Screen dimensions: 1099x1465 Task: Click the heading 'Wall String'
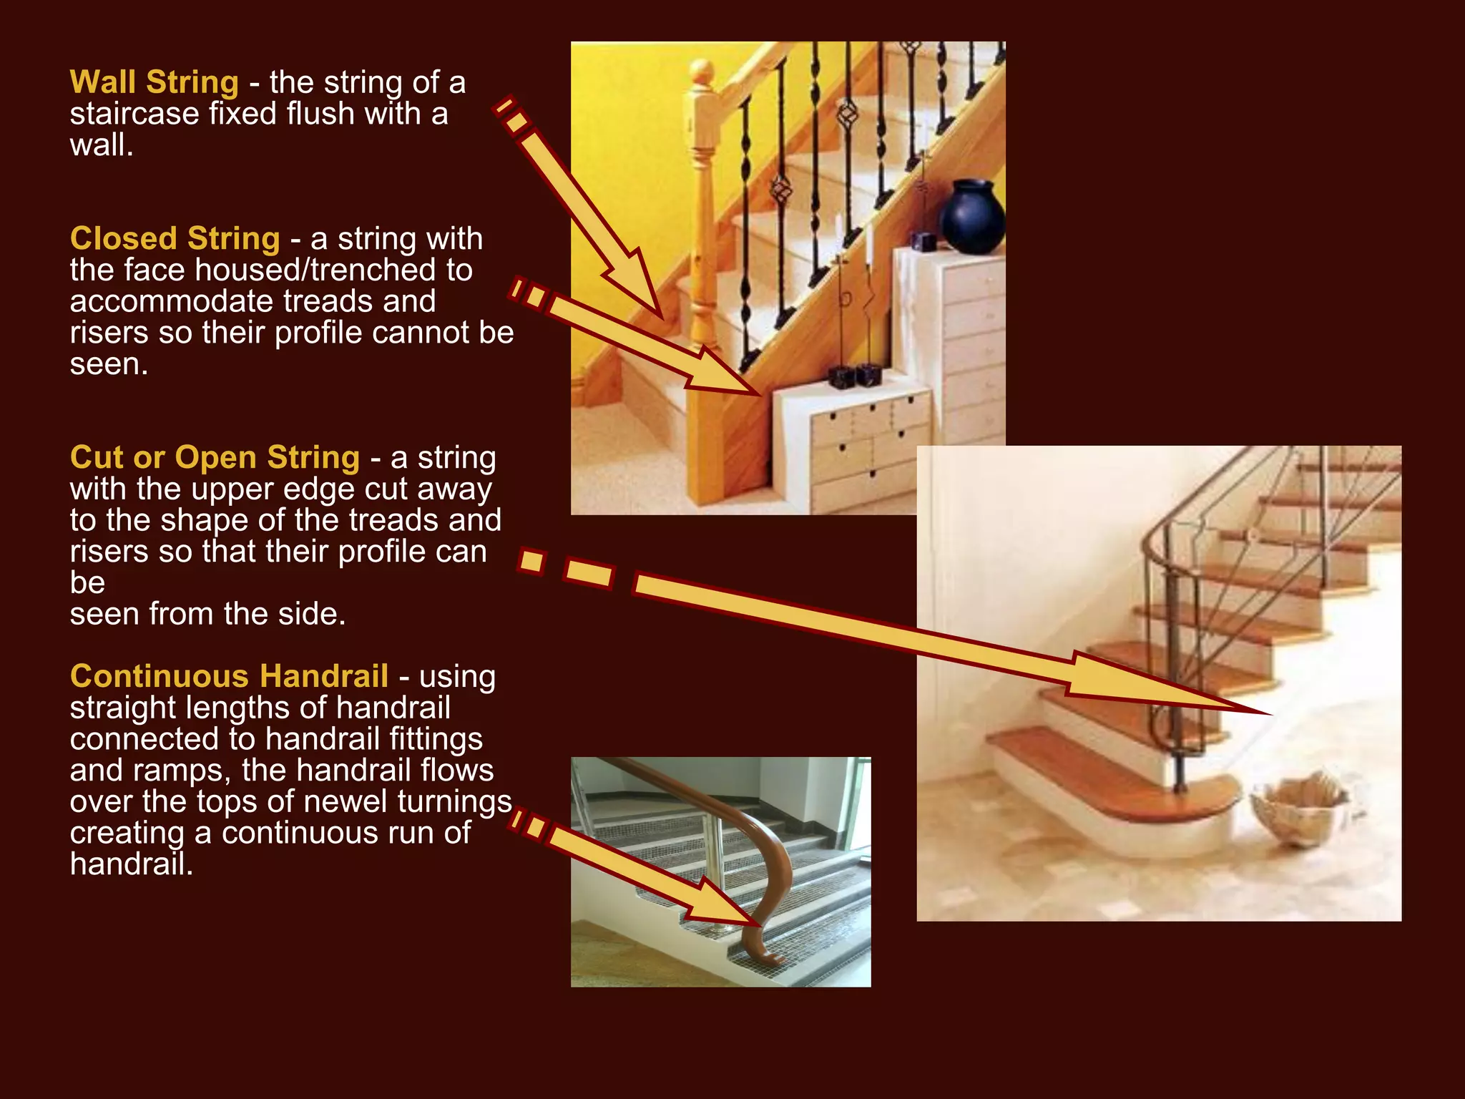tap(154, 82)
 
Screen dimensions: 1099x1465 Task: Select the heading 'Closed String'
tap(175, 238)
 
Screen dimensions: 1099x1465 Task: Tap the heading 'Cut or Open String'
tap(215, 457)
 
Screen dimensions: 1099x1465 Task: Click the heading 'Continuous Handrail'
tap(229, 676)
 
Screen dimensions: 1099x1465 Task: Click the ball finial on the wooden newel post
tap(702, 72)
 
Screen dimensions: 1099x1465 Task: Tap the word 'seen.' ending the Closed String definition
tap(109, 365)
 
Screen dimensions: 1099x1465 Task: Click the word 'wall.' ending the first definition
tap(101, 146)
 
